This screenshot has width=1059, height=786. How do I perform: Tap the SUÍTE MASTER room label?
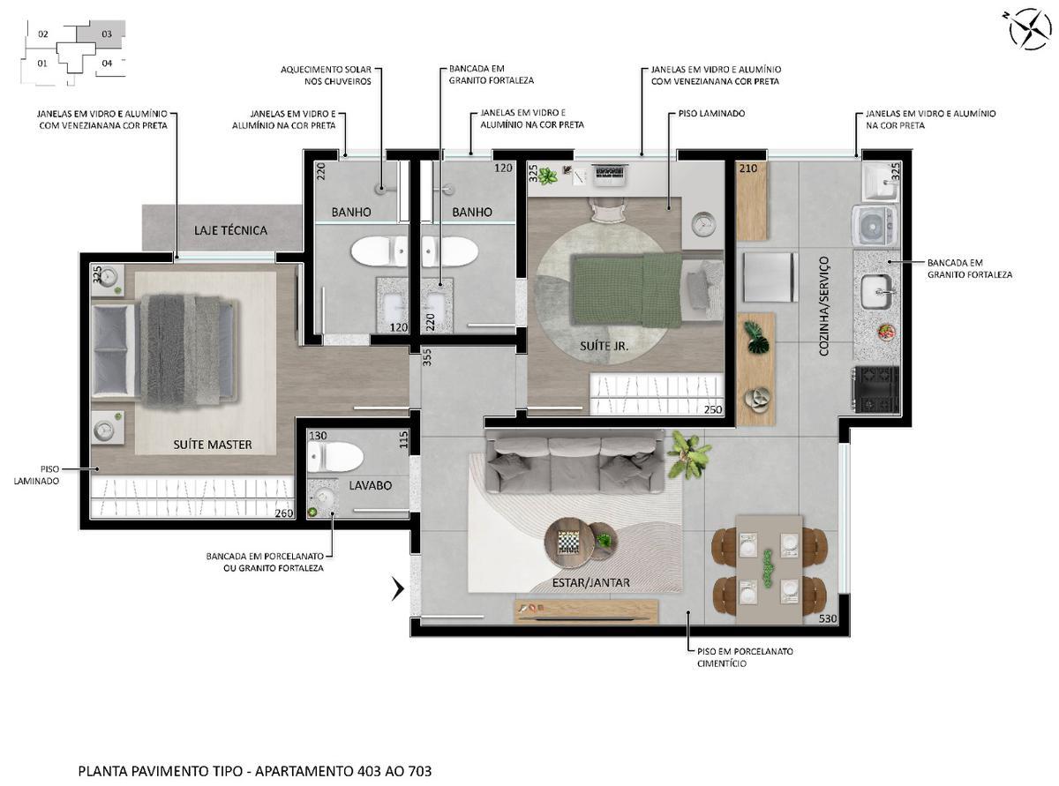[212, 445]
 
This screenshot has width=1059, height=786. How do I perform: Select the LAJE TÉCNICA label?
[230, 230]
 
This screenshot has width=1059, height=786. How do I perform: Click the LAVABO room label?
[370, 485]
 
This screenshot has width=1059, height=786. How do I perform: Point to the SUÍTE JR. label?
[605, 346]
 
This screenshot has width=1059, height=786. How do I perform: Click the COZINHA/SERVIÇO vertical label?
[824, 306]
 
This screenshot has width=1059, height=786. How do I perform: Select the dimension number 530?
[828, 618]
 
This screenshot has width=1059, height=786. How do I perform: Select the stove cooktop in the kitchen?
[875, 389]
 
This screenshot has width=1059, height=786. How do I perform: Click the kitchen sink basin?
[877, 288]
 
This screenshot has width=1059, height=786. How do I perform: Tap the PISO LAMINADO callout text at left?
[37, 475]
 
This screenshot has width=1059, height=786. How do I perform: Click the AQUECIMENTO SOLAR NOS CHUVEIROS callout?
[326, 75]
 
